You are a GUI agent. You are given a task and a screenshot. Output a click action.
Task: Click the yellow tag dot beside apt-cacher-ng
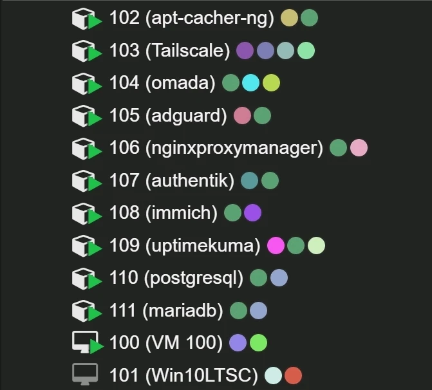[x=289, y=18]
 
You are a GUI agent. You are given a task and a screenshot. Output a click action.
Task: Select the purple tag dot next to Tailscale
[x=245, y=50]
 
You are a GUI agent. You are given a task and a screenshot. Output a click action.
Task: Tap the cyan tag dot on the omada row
[x=250, y=82]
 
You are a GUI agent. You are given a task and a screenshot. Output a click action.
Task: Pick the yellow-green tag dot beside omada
[x=271, y=82]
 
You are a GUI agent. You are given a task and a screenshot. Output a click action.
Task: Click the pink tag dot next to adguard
[x=242, y=115]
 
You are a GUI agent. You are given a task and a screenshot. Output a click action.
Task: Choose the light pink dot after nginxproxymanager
[x=359, y=148]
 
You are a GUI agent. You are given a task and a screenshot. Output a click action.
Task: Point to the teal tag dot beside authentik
[x=249, y=180]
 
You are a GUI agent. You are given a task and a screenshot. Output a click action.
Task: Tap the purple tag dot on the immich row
[x=252, y=212]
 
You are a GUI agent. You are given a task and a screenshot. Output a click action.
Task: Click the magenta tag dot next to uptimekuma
[x=276, y=245]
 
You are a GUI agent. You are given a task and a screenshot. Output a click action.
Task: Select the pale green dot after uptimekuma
[x=316, y=245]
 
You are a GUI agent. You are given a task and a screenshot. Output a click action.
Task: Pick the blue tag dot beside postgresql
[x=279, y=277]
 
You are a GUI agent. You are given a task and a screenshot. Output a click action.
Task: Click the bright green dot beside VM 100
[x=258, y=342]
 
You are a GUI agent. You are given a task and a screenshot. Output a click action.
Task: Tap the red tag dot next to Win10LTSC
[x=293, y=375]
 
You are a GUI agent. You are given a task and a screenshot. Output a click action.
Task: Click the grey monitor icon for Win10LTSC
[x=85, y=374]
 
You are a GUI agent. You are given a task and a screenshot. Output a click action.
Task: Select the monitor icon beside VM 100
[x=87, y=342]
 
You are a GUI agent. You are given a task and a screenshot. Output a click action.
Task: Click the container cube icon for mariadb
[x=86, y=311]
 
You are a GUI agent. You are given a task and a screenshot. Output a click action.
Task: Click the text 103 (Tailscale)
[x=170, y=51]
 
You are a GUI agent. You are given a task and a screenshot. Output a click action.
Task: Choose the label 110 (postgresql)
[x=176, y=278]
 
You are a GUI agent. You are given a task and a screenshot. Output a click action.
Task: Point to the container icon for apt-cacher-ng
[x=86, y=19]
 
